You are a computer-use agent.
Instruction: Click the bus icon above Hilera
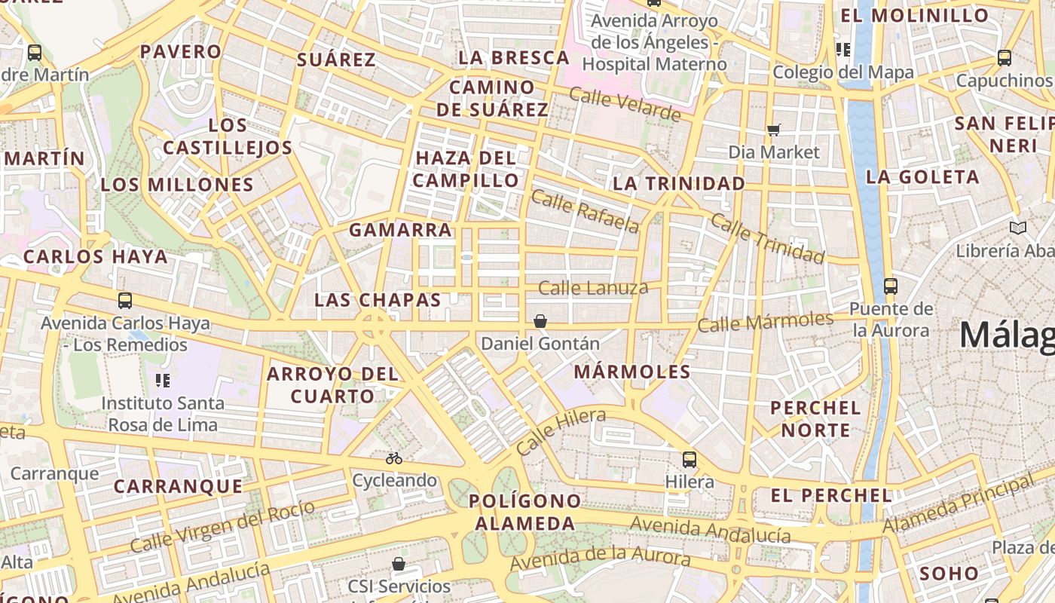[689, 459]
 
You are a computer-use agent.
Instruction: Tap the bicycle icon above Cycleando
[393, 458]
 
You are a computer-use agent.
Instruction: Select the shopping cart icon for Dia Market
[773, 130]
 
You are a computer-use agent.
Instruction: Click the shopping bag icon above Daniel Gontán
[540, 321]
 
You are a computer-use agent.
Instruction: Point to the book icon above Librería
[1017, 228]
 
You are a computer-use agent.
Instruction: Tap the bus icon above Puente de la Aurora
[890, 286]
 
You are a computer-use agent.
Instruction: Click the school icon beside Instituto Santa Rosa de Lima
[163, 380]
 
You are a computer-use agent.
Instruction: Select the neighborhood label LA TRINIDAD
[678, 183]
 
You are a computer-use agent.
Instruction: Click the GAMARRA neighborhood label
[400, 230]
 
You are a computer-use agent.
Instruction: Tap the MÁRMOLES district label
[631, 372]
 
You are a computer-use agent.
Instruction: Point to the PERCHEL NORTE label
[815, 419]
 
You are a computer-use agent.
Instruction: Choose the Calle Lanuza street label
[593, 287]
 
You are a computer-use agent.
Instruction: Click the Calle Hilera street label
[561, 432]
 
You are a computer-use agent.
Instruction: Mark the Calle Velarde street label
[625, 104]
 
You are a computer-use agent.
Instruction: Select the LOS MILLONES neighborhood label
[177, 185]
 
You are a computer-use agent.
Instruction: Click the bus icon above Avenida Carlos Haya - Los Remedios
[125, 301]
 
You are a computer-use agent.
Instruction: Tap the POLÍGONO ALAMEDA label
[525, 512]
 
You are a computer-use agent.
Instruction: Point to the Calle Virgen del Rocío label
[222, 525]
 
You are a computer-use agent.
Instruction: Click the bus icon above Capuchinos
[1004, 57]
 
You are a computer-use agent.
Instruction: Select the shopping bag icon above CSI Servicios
[399, 564]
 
